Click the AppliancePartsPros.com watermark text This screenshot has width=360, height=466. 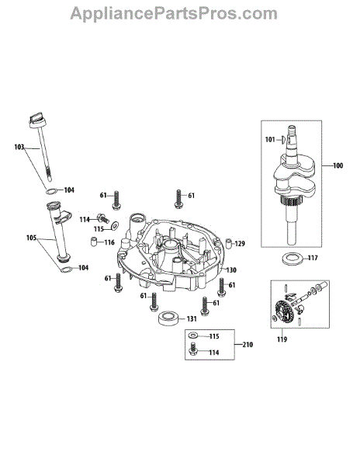point(174,14)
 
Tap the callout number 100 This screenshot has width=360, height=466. point(338,165)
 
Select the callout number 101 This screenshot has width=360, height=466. point(270,139)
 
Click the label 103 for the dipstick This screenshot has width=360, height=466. point(19,147)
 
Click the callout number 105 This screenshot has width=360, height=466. point(31,238)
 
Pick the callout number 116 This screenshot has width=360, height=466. point(109,242)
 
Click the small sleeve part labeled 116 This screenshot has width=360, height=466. point(94,242)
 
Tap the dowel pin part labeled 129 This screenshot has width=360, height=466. point(229,243)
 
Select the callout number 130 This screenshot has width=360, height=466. point(231,270)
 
